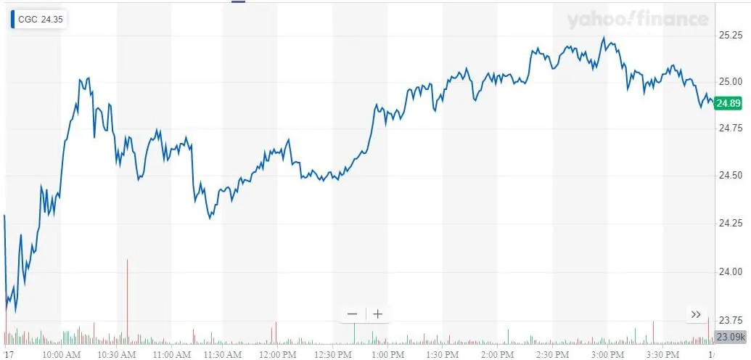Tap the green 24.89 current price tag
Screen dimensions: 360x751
[x=728, y=104]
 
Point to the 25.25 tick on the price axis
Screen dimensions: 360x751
[x=728, y=34]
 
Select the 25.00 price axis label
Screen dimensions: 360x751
[x=728, y=81]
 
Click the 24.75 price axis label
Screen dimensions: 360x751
[x=728, y=128]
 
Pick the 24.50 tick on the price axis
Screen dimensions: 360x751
[x=728, y=176]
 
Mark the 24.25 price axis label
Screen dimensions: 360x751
[x=728, y=224]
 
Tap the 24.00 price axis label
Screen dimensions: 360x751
[x=728, y=271]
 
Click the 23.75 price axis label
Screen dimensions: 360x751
[x=728, y=319]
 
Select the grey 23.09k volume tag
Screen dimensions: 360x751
[x=729, y=337]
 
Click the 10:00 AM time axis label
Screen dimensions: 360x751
[x=61, y=354]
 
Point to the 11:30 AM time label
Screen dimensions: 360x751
[x=223, y=354]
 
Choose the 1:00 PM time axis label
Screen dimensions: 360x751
[x=387, y=354]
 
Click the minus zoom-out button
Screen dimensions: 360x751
[x=353, y=314]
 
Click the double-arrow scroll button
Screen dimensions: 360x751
[x=696, y=314]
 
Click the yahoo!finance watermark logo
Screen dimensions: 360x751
[x=637, y=20]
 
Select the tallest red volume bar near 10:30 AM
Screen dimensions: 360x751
[x=127, y=298]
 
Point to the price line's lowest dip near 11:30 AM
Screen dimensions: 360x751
[x=210, y=217]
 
